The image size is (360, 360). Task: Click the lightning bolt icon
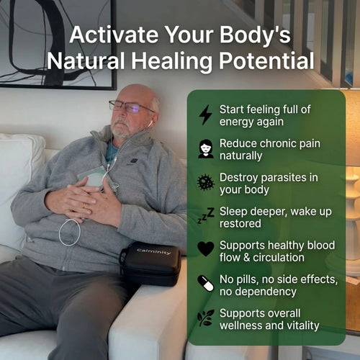205,114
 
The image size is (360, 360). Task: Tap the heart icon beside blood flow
206,249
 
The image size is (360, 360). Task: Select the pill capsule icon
206,283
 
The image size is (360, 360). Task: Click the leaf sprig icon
206,318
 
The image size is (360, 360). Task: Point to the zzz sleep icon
206,215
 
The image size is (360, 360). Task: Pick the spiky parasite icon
206,182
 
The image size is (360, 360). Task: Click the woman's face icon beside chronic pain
206,148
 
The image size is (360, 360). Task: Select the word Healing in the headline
169,60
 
